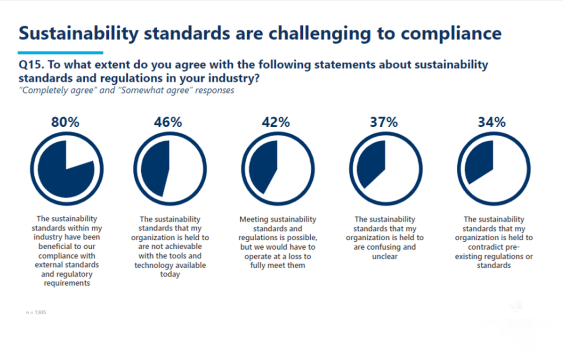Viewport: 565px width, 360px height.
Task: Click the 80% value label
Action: coord(66,122)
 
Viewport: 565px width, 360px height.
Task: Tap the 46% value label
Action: coord(168,122)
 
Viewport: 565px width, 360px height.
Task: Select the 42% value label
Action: coord(276,122)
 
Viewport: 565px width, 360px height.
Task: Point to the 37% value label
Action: coord(384,122)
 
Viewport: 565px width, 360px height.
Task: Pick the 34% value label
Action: coord(492,122)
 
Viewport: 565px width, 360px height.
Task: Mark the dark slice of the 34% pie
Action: coord(481,163)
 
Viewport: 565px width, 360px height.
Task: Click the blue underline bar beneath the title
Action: coord(60,53)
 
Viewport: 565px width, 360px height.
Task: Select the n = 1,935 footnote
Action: coord(36,312)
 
